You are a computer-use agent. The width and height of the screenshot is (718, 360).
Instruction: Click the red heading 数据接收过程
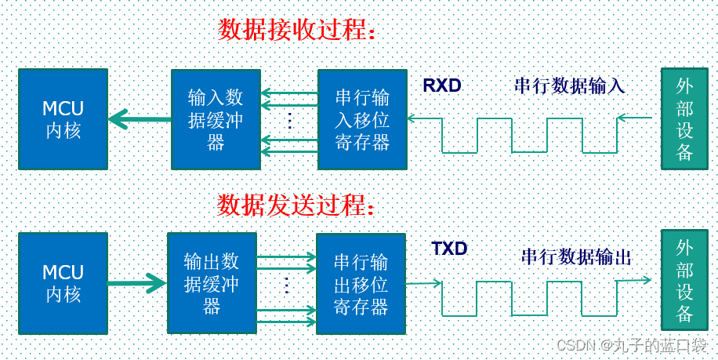297,30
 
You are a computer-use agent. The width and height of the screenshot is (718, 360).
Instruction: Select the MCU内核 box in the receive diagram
63,118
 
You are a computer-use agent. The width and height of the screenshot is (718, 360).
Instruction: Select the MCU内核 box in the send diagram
63,282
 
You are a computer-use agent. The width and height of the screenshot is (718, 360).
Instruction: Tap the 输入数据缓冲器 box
216,119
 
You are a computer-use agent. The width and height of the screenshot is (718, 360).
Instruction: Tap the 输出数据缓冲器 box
212,282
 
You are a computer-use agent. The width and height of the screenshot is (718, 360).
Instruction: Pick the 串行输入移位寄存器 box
362,119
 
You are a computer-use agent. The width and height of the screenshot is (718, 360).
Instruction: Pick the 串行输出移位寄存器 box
361,282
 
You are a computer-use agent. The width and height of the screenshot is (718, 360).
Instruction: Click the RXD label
442,85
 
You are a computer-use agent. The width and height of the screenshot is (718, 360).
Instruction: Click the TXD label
449,249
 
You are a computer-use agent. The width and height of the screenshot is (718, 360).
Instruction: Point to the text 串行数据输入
569,85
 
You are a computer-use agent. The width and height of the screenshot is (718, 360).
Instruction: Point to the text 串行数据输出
576,256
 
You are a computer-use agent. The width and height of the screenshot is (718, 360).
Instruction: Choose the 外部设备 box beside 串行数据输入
684,118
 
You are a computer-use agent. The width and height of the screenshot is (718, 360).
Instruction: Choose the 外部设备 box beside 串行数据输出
684,280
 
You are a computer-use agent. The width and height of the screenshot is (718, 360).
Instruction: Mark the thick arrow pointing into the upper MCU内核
140,119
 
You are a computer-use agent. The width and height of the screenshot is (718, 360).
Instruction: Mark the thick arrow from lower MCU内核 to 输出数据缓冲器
136,283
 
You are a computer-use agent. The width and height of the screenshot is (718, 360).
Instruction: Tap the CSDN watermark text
631,345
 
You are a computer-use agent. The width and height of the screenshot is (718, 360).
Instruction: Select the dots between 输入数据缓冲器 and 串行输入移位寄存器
288,120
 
